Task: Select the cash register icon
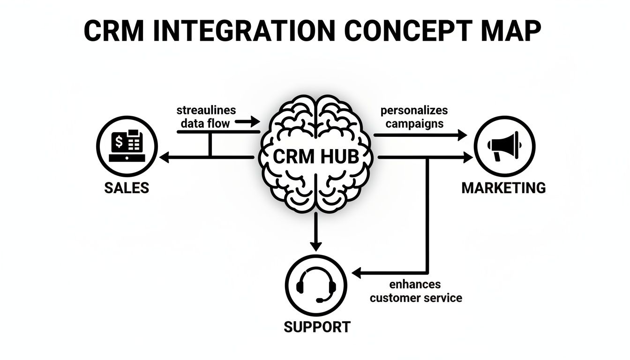point(126,146)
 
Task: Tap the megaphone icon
point(504,146)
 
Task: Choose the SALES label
point(126,188)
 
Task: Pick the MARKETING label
point(504,188)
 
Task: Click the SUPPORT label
point(317,327)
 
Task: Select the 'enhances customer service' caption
point(416,291)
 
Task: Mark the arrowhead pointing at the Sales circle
point(164,158)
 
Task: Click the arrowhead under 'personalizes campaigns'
point(462,135)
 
